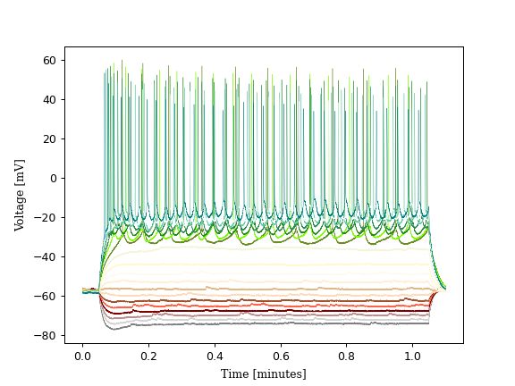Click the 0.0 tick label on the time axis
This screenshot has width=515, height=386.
coord(82,356)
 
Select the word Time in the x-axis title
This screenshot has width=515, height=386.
coord(235,373)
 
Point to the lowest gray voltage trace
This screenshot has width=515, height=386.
coord(268,323)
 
